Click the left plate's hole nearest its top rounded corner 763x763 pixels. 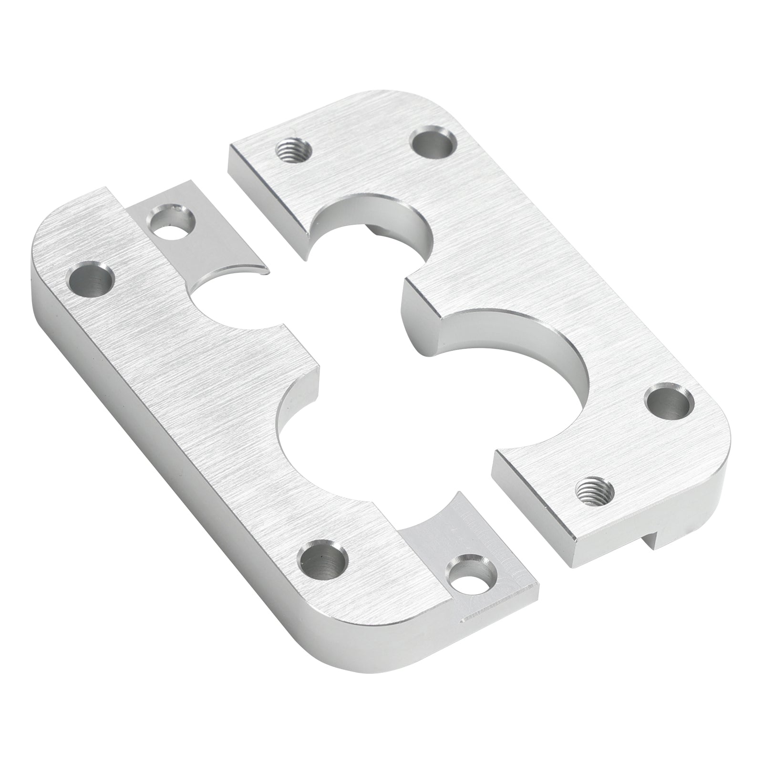pos(92,278)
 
